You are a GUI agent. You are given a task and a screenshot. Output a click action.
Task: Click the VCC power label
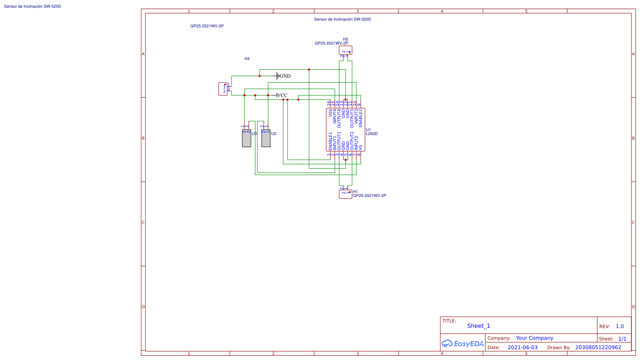click(x=282, y=95)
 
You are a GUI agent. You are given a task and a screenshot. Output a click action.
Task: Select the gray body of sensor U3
click(x=247, y=138)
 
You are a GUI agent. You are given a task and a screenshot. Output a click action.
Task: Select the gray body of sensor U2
click(x=266, y=138)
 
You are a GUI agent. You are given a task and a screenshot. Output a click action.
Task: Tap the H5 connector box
click(x=346, y=50)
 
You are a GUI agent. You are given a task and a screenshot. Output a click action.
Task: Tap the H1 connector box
click(x=346, y=194)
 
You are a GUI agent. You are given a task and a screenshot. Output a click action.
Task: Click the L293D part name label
click(x=371, y=134)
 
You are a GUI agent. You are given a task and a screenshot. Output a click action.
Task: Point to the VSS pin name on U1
click(x=331, y=113)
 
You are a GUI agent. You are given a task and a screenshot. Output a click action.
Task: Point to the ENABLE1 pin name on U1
click(x=331, y=141)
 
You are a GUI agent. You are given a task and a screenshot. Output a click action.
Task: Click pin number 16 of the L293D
click(x=329, y=104)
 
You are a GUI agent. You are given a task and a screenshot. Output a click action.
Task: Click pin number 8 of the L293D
click(x=359, y=154)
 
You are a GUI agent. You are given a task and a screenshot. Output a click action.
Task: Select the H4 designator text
click(x=247, y=59)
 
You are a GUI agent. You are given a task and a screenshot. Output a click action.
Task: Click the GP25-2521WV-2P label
click(x=207, y=26)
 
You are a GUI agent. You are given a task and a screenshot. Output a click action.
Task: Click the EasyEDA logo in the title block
click(x=463, y=344)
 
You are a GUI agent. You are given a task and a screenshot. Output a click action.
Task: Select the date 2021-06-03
click(x=523, y=348)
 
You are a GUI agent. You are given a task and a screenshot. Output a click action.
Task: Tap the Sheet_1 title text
click(x=479, y=326)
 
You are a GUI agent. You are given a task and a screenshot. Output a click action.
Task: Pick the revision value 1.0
click(x=619, y=326)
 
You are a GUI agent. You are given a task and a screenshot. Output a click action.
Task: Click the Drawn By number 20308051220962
click(x=598, y=348)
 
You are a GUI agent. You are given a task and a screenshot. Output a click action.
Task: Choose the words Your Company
click(x=535, y=338)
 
